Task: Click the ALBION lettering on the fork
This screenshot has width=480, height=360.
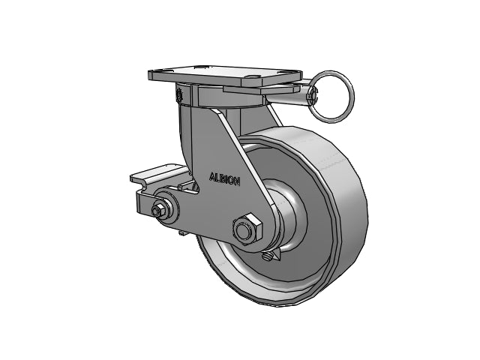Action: pyautogui.click(x=224, y=179)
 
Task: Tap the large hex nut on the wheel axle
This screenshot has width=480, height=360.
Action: pyautogui.click(x=247, y=229)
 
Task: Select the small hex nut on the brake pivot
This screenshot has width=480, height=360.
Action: pyautogui.click(x=158, y=210)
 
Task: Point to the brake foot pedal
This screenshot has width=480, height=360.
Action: pyautogui.click(x=158, y=175)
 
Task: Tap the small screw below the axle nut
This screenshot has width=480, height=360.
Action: pyautogui.click(x=267, y=256)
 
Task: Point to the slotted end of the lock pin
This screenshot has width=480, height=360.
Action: pyautogui.click(x=313, y=94)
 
